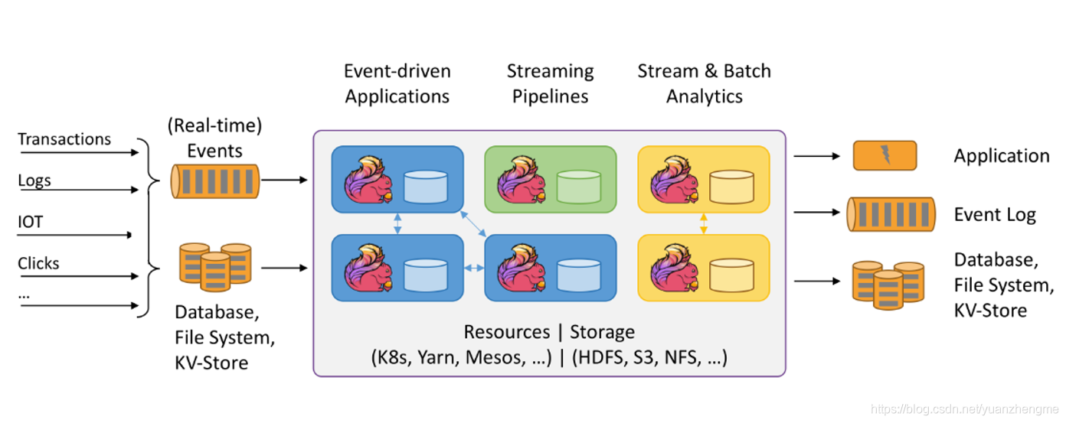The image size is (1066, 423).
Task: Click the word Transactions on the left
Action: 64,139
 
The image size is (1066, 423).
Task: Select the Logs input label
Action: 34,181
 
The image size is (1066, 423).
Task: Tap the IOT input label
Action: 31,222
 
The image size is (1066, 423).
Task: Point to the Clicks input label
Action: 38,263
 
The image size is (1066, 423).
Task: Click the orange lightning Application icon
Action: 885,155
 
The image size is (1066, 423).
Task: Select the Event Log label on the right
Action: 994,215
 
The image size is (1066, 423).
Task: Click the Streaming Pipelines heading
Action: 550,83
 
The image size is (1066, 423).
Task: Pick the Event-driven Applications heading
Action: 397,83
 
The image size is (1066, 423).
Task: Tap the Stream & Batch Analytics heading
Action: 704,83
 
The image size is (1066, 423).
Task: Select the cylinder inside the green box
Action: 578,187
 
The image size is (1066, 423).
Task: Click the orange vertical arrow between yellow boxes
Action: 704,223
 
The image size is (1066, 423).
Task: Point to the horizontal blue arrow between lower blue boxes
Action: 474,268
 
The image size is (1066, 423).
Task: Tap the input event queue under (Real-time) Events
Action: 215,181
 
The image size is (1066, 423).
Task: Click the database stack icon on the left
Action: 214,266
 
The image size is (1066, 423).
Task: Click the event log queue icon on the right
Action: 891,214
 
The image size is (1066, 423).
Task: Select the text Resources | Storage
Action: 549,332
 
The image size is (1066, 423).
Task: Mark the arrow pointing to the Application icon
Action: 816,156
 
